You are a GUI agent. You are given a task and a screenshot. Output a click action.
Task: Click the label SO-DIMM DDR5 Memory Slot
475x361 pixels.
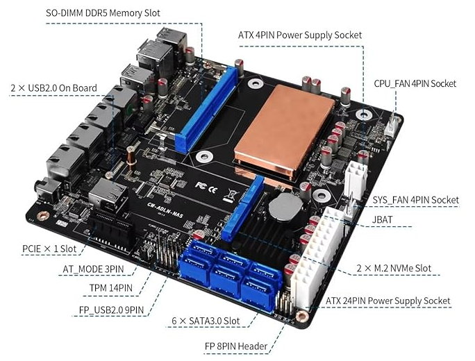103,13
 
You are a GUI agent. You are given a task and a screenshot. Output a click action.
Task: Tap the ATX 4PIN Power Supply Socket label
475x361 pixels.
300,35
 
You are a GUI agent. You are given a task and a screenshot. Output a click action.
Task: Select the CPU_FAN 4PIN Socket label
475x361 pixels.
415,83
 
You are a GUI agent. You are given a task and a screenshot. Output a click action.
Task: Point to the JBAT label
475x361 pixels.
383,219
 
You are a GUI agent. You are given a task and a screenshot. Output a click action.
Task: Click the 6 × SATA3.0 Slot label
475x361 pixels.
206,321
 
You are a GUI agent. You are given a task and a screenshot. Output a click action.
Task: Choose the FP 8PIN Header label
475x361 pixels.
236,346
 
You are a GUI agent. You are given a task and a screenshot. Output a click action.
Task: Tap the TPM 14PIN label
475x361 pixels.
111,287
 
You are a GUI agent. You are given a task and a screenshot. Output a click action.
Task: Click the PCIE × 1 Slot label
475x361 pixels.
49,249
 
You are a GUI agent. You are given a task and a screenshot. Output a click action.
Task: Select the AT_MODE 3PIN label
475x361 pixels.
93,269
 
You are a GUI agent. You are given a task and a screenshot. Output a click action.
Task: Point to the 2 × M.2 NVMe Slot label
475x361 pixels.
394,269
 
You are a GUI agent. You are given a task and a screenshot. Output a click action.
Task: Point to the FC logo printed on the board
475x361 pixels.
201,185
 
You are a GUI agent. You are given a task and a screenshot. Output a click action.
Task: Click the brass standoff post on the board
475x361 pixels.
131,158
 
